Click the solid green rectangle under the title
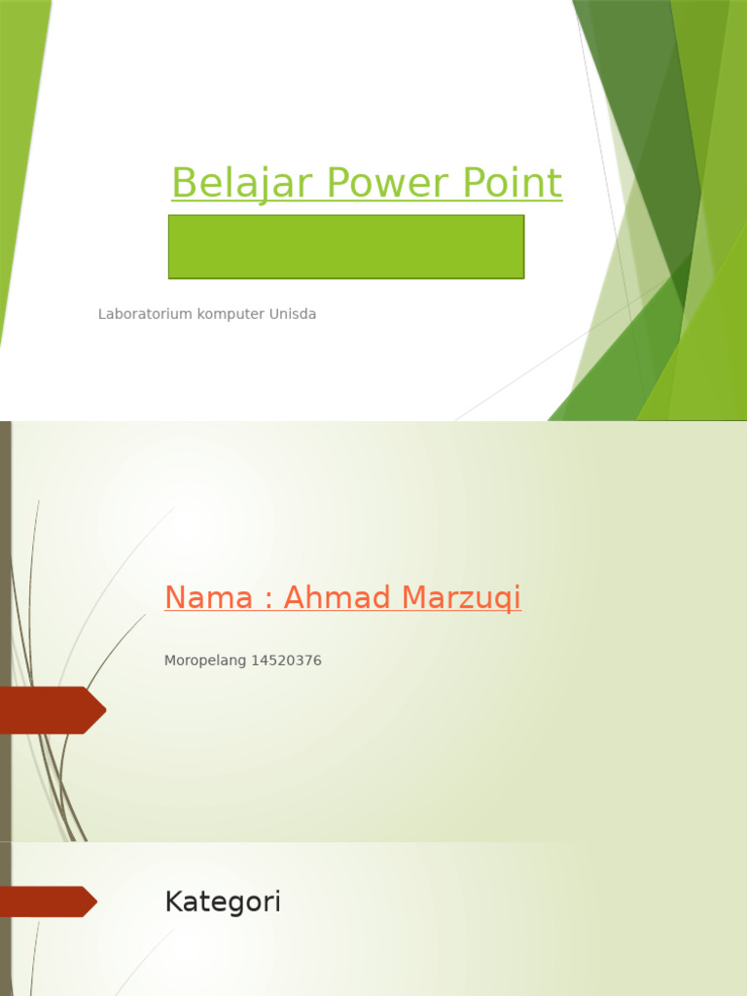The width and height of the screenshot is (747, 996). click(x=346, y=247)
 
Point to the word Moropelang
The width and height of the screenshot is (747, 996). click(x=205, y=660)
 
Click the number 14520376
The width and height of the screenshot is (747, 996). click(x=286, y=660)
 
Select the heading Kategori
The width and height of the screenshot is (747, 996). click(x=223, y=902)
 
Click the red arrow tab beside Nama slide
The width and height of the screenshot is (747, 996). click(x=51, y=710)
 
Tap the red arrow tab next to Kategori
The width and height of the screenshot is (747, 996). click(x=47, y=902)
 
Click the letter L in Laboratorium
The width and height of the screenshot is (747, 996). click(x=101, y=314)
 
